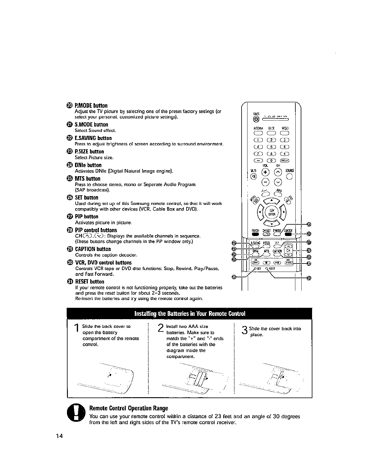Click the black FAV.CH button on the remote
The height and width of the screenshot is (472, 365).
[255, 234]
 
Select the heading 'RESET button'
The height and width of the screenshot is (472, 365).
[90, 281]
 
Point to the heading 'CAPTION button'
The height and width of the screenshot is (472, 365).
[93, 249]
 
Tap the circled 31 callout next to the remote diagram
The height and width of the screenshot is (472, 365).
[309, 278]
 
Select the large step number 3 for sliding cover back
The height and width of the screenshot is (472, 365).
[245, 330]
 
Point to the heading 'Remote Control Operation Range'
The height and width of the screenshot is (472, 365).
[129, 408]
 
